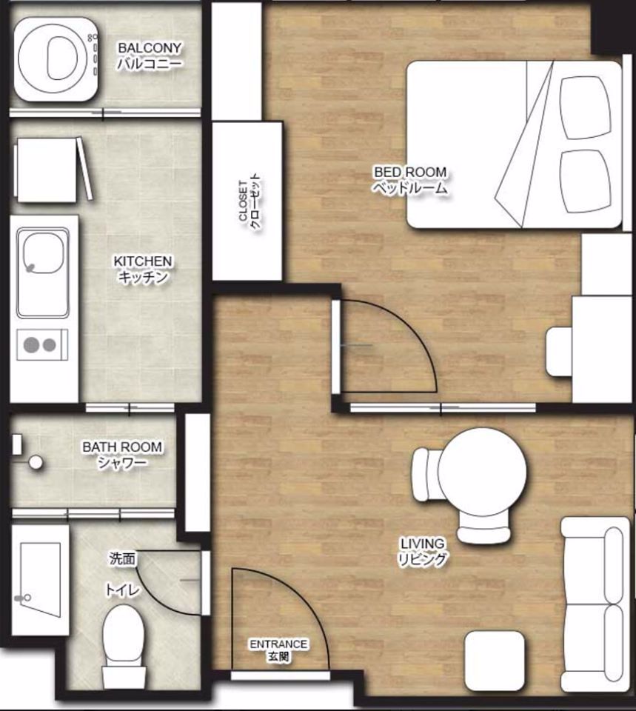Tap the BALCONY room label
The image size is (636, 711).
tap(150, 56)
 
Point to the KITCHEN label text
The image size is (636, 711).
tap(143, 270)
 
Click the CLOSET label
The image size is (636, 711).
tap(248, 202)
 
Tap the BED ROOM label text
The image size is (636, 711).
tap(409, 180)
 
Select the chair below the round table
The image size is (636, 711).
tap(483, 530)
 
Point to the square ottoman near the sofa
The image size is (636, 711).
tap(495, 661)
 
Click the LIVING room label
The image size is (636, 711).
tap(420, 552)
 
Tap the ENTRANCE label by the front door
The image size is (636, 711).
tap(278, 650)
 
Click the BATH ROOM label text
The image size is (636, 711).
tap(122, 455)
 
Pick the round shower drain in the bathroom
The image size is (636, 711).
tap(35, 462)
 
